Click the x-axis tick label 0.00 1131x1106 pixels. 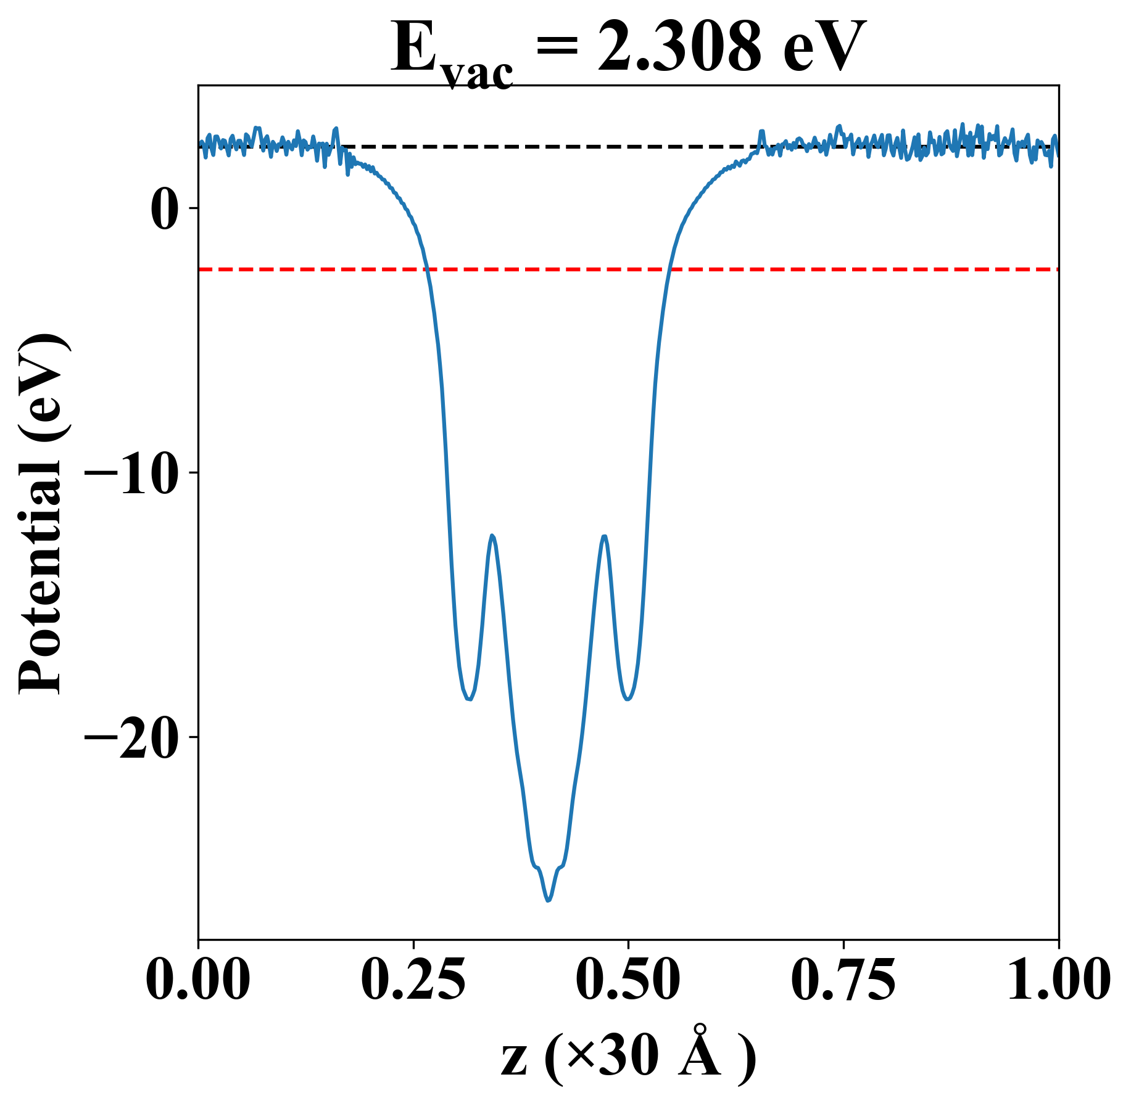coord(198,980)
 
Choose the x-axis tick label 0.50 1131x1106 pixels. coord(628,980)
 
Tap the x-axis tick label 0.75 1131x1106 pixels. coord(843,980)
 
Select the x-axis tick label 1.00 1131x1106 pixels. coord(1058,980)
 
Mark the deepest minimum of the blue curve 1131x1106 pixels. coord(548,901)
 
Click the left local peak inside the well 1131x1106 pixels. coord(492,536)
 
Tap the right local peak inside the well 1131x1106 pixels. coord(604,536)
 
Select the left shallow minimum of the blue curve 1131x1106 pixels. coord(470,699)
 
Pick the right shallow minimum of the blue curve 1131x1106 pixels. coord(628,699)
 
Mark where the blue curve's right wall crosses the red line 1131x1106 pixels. coord(669,269)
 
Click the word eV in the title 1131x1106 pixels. coord(824,47)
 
